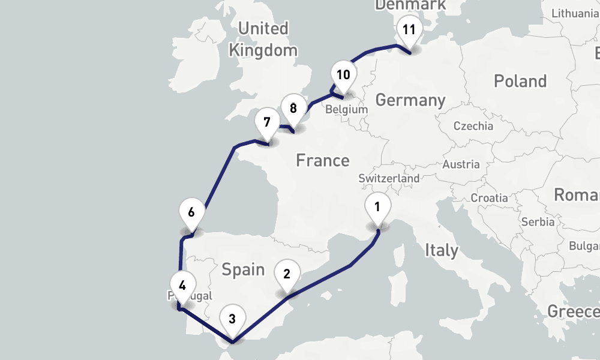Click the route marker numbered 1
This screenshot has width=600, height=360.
pos(378,208)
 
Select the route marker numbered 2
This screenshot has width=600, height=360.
pos(287,275)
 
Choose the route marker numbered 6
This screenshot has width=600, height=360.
pos(191,213)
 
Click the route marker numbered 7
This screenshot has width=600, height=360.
pos(266,122)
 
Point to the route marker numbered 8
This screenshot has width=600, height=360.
pos(293,109)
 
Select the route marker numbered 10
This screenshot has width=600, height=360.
pos(343,76)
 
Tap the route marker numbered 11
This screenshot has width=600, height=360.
pos(409,31)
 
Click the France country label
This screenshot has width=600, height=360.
pos(323,161)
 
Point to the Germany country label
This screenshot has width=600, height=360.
pos(410,100)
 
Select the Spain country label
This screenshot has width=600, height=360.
pos(243,269)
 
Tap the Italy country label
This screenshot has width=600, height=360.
pos(441,250)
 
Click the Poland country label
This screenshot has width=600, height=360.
pos(520,81)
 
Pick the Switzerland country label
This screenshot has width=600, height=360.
pos(389,179)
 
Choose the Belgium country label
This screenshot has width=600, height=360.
pos(346,110)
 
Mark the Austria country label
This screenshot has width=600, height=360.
pos(461,164)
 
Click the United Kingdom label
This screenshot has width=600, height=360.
pos(263,39)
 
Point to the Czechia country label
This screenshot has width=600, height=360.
pos(473,126)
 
